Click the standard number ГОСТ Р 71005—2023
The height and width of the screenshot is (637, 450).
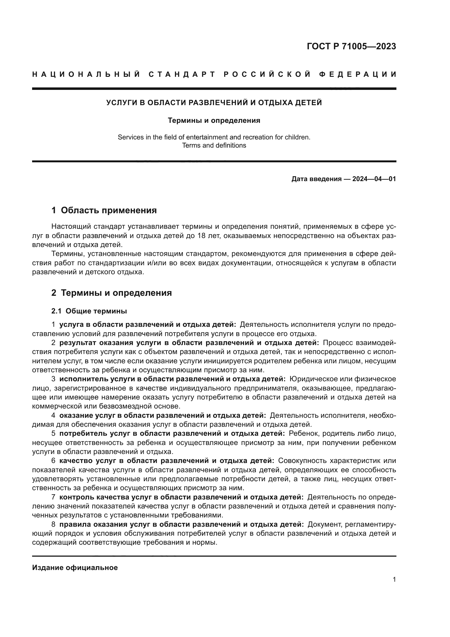pos(351,47)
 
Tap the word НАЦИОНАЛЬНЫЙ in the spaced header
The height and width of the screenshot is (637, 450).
pos(86,74)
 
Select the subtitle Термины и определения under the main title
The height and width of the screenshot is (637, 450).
pos(214,120)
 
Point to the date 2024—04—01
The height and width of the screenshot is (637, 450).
pos(374,179)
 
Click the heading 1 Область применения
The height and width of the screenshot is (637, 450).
pos(104,210)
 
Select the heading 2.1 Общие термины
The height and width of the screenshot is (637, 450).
pos(89,311)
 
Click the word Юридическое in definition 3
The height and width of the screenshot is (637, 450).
pos(312,379)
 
